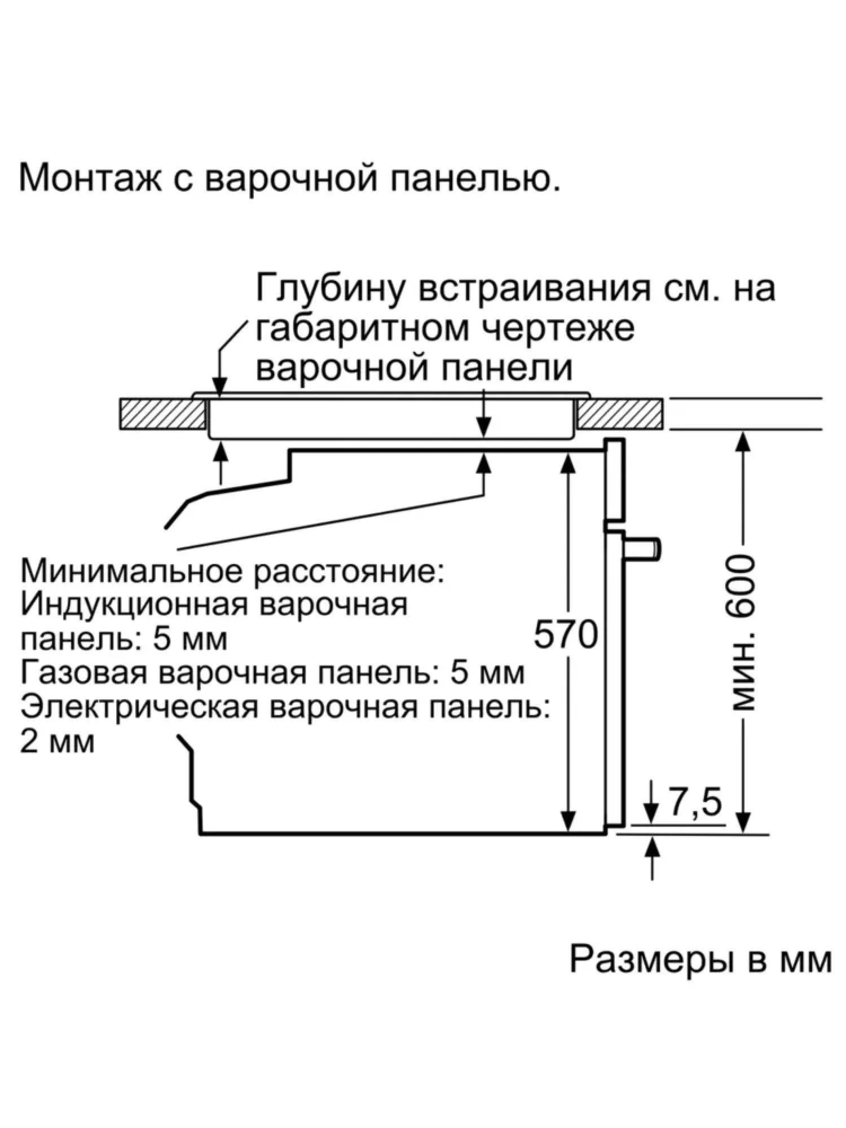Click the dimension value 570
click(566, 634)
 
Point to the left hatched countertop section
click(162, 414)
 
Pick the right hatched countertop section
click(620, 414)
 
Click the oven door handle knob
click(644, 548)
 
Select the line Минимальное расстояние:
click(232, 571)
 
